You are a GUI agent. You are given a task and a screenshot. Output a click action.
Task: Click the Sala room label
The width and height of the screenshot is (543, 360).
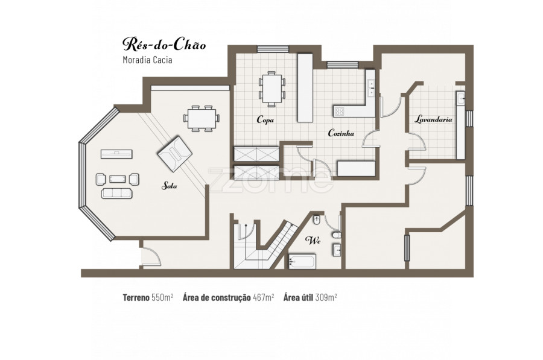[170, 186]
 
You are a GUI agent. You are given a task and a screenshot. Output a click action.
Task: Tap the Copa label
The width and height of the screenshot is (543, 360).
[265, 120]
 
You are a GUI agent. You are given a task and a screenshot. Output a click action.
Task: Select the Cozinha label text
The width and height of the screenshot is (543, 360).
[341, 133]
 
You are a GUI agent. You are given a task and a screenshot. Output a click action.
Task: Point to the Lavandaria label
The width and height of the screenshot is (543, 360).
[434, 119]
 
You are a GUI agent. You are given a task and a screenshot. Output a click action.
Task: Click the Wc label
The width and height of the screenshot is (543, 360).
[313, 241]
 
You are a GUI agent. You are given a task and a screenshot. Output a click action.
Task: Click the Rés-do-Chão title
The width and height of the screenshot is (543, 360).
[164, 44]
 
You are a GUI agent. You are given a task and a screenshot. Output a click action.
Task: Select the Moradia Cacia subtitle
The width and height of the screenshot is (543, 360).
[148, 60]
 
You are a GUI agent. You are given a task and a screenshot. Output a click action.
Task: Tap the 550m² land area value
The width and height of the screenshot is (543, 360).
[162, 297]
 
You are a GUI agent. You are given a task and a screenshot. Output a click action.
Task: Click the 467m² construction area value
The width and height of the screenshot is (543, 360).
[264, 297]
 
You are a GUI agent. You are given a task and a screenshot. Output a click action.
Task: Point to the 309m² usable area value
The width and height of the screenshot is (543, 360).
[326, 297]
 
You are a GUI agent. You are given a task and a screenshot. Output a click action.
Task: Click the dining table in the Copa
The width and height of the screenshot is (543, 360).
[272, 89]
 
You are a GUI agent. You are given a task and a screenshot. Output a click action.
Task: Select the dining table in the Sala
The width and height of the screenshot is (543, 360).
[202, 118]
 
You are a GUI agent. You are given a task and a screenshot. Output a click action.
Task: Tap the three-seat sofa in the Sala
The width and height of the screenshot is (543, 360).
[116, 193]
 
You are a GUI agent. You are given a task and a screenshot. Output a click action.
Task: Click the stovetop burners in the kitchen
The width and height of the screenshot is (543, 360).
[339, 111]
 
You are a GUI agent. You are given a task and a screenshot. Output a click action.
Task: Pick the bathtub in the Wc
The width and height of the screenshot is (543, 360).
[302, 261]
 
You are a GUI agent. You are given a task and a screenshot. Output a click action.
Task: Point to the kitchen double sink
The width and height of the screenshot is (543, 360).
[371, 88]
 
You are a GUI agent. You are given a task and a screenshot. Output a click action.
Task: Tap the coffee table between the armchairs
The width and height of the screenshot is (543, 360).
[118, 179]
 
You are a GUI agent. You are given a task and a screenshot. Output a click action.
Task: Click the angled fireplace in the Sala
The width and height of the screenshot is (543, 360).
[174, 154]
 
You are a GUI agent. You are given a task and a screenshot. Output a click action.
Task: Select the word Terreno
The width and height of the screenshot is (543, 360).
[136, 297]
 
